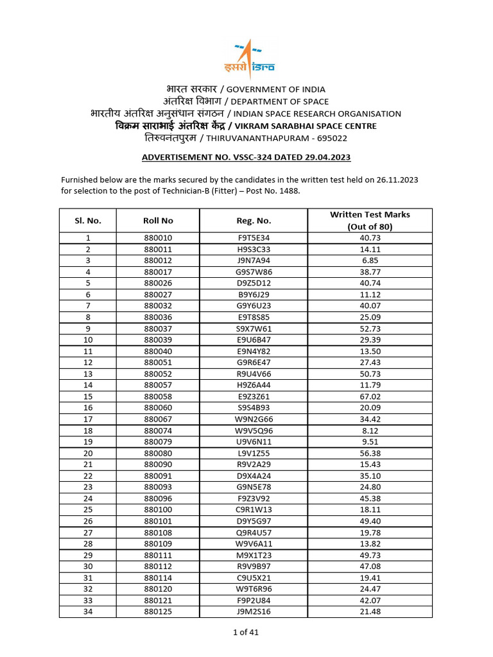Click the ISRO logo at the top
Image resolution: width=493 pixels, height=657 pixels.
pyautogui.click(x=246, y=58)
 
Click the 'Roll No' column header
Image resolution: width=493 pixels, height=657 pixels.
pyautogui.click(x=158, y=221)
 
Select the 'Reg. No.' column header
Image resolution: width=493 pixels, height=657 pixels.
pyautogui.click(x=254, y=221)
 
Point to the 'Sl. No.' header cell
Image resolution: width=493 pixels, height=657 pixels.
pyautogui.click(x=88, y=221)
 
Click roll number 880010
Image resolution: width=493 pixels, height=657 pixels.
pyautogui.click(x=158, y=238)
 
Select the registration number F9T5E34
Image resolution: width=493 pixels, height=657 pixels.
pyautogui.click(x=254, y=238)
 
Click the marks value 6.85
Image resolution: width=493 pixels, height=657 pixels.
pyautogui.click(x=370, y=260)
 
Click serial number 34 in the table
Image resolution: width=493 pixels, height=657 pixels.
pyautogui.click(x=88, y=611)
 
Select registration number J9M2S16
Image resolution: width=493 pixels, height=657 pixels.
pyautogui.click(x=254, y=611)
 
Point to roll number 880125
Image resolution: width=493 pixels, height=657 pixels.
pyautogui.click(x=158, y=611)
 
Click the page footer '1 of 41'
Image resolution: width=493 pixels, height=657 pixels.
pyautogui.click(x=246, y=632)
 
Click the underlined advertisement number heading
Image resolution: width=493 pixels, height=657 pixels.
pyautogui.click(x=246, y=157)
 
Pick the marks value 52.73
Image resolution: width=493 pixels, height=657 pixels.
pyautogui.click(x=370, y=328)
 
